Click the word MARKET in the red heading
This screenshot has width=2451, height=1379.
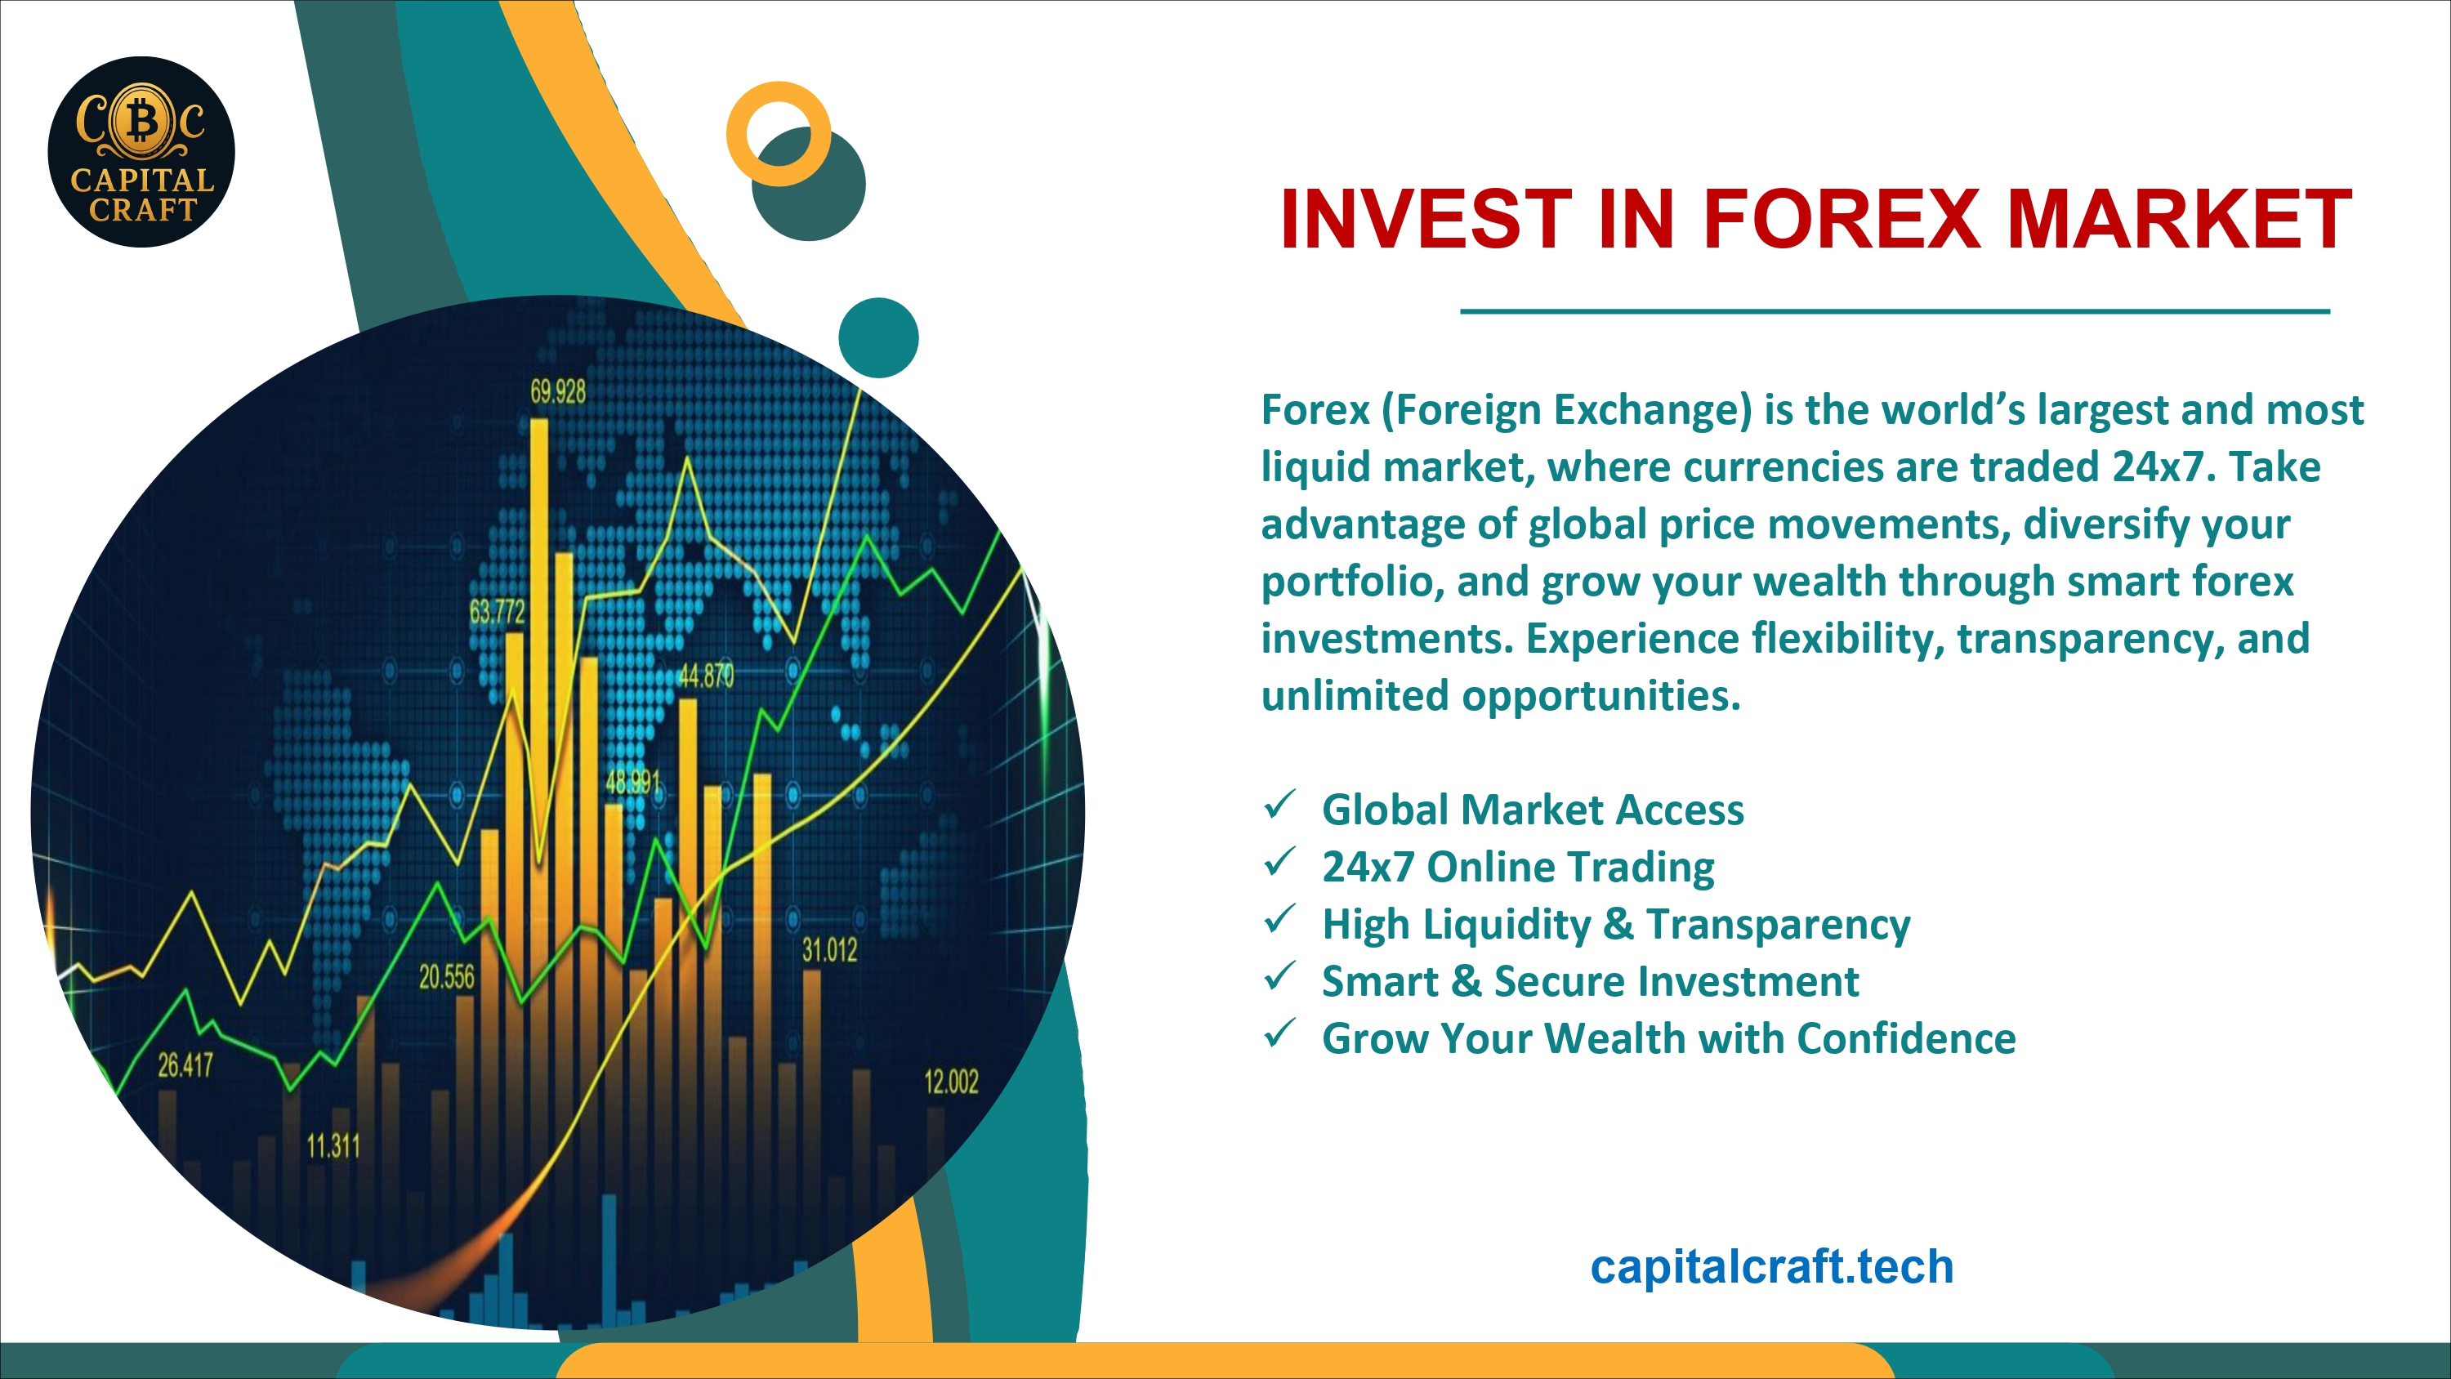pyautogui.click(x=2180, y=219)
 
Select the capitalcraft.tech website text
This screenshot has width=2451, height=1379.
pyautogui.click(x=1771, y=1267)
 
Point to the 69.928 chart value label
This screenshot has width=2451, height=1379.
pyautogui.click(x=559, y=391)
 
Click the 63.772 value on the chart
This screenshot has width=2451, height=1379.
pyautogui.click(x=497, y=611)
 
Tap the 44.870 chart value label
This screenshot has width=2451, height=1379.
pyautogui.click(x=706, y=676)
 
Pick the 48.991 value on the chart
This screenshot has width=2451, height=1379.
pyautogui.click(x=632, y=783)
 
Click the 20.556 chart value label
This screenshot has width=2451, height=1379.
pyautogui.click(x=446, y=976)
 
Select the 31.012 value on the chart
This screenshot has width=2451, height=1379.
pyautogui.click(x=830, y=950)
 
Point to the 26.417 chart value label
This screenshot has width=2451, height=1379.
pyautogui.click(x=185, y=1065)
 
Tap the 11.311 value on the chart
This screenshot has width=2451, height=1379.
pyautogui.click(x=333, y=1146)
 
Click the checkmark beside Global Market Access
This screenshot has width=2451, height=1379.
pyautogui.click(x=1279, y=806)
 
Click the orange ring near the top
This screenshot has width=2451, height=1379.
pyautogui.click(x=779, y=134)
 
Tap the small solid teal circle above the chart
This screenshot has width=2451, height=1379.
pyautogui.click(x=878, y=338)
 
